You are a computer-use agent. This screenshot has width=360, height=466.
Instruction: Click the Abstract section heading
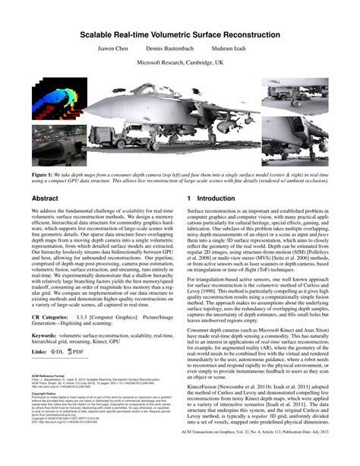(x=45, y=197)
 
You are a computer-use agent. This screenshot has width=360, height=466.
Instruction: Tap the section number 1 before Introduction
(x=189, y=197)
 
